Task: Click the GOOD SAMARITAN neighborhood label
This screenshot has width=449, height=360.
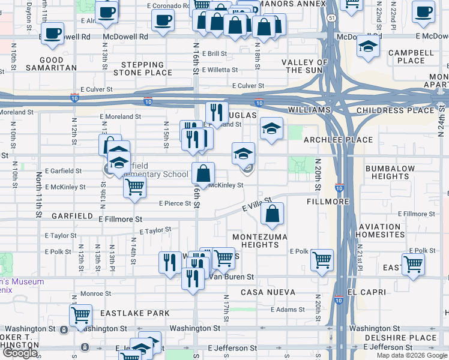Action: [51, 64]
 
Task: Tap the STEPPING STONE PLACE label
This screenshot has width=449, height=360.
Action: [146, 68]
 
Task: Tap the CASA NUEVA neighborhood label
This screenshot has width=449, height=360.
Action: [268, 292]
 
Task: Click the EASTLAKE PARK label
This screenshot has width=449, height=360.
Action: [135, 313]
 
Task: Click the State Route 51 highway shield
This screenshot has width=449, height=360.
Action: [332, 18]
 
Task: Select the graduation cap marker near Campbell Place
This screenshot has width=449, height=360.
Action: [367, 47]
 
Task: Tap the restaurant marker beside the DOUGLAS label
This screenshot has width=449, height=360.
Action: [217, 112]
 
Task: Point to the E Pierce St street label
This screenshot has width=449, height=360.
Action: [175, 203]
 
